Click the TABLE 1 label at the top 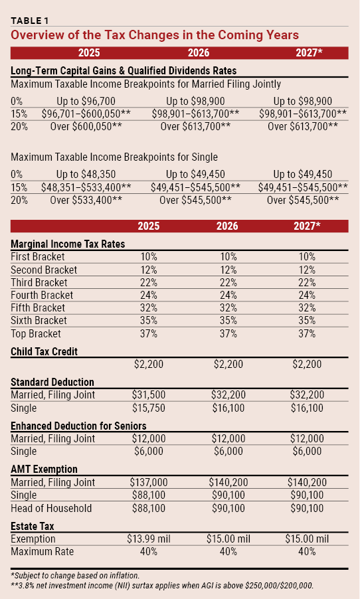[x=29, y=21]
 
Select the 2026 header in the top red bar [x=199, y=52]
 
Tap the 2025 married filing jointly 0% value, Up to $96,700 [x=86, y=101]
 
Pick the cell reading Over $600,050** [x=86, y=126]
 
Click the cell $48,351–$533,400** [x=86, y=187]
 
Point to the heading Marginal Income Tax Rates [x=68, y=244]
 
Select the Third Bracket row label [x=39, y=282]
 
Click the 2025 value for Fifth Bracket [x=149, y=308]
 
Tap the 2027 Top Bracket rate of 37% [x=307, y=333]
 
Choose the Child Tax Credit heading [x=44, y=351]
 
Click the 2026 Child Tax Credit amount [x=228, y=364]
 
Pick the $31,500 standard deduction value [x=149, y=394]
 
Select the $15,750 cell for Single [x=149, y=408]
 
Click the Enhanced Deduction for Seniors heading [x=78, y=426]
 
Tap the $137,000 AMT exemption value [x=149, y=482]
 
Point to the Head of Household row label [x=51, y=508]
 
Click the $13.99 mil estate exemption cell [x=149, y=539]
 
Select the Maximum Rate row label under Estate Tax [x=42, y=551]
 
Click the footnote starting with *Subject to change [x=75, y=576]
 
